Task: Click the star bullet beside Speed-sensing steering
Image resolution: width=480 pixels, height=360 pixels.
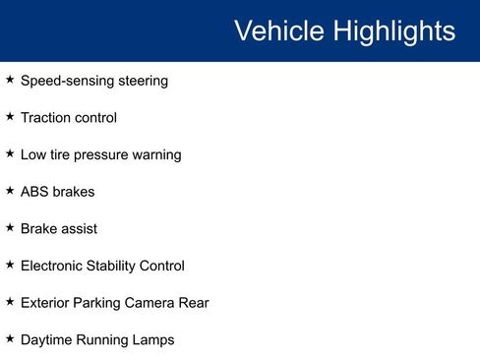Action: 10,80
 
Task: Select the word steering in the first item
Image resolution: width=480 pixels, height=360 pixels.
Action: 140,81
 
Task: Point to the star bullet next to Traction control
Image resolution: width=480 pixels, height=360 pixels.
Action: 10,117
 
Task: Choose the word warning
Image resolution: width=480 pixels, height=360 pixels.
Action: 158,154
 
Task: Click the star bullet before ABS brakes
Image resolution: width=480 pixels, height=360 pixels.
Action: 10,191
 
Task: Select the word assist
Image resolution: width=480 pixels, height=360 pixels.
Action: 78,228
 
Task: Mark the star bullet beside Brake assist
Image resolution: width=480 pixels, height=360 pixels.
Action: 10,227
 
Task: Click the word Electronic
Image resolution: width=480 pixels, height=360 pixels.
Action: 54,266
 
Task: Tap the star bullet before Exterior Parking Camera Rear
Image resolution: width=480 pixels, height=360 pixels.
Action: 10,302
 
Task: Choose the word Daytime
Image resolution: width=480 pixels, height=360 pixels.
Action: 47,340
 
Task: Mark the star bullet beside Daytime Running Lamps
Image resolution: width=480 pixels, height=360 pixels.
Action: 10,338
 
